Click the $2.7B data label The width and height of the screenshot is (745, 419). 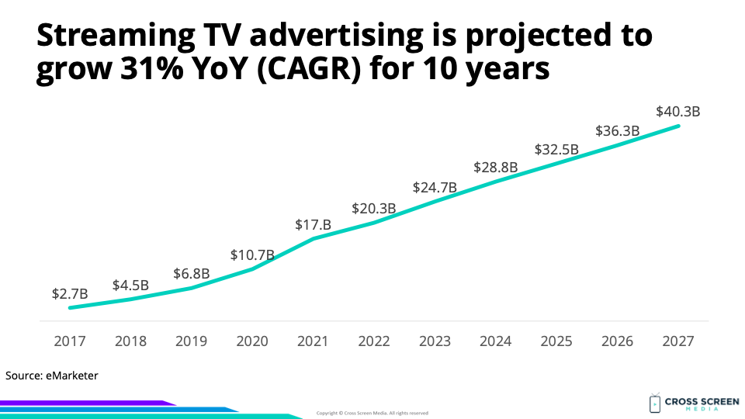point(70,294)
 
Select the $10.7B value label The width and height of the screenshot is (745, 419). point(252,255)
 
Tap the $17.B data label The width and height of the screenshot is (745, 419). point(314,225)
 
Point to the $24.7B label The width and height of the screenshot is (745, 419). point(435,187)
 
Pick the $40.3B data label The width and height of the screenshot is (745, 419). point(678,111)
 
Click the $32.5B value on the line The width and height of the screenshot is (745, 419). point(556,150)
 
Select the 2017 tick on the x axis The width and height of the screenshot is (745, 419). point(70,341)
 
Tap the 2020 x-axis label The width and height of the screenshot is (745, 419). point(252,341)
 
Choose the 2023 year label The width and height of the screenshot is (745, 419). point(435,341)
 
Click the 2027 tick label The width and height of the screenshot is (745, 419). point(678,341)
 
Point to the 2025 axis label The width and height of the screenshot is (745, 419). point(556,341)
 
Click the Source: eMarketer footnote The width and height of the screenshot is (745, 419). point(52,376)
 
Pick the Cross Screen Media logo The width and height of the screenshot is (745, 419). point(686,403)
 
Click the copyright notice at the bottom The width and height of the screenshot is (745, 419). point(372,413)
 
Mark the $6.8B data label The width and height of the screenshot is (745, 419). point(192,274)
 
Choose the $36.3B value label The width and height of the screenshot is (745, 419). point(617,131)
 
